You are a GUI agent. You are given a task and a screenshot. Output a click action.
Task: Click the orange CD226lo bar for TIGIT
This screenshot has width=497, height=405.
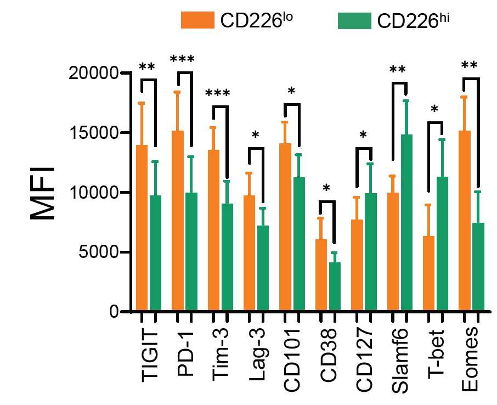(x=142, y=228)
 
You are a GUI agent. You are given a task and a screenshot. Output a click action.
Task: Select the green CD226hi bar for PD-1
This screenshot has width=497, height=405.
(x=191, y=251)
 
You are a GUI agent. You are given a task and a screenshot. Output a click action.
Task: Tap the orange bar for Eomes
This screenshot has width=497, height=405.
(x=464, y=221)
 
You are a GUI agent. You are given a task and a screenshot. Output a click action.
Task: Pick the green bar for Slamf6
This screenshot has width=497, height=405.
(x=406, y=222)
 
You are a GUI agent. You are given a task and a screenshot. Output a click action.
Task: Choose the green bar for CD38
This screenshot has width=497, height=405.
(x=335, y=286)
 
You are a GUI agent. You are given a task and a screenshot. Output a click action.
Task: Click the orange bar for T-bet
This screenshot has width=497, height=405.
(x=428, y=273)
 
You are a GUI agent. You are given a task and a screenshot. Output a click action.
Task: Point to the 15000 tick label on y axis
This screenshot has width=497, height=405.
(x=94, y=133)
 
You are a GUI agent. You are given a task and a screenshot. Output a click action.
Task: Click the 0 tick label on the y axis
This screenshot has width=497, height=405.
(x=114, y=312)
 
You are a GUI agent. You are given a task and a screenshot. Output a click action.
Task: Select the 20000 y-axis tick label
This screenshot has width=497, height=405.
(x=94, y=73)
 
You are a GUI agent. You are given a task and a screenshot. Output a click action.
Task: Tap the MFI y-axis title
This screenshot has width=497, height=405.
(x=42, y=193)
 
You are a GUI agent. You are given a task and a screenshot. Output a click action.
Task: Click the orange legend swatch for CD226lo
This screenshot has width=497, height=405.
(x=197, y=20)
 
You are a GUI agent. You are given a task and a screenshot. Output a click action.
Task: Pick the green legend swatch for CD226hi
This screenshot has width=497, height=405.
(x=354, y=21)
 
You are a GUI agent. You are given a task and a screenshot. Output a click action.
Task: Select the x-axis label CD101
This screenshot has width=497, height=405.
(x=292, y=361)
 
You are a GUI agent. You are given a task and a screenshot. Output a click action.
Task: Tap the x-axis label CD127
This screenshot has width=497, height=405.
(x=364, y=361)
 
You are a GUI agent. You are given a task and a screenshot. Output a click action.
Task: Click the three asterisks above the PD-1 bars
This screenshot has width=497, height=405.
(x=182, y=59)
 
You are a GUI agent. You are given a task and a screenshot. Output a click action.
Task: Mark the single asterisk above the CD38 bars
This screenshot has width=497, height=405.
(x=326, y=188)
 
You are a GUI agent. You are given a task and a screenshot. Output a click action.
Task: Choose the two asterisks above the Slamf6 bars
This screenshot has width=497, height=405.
(x=398, y=70)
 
